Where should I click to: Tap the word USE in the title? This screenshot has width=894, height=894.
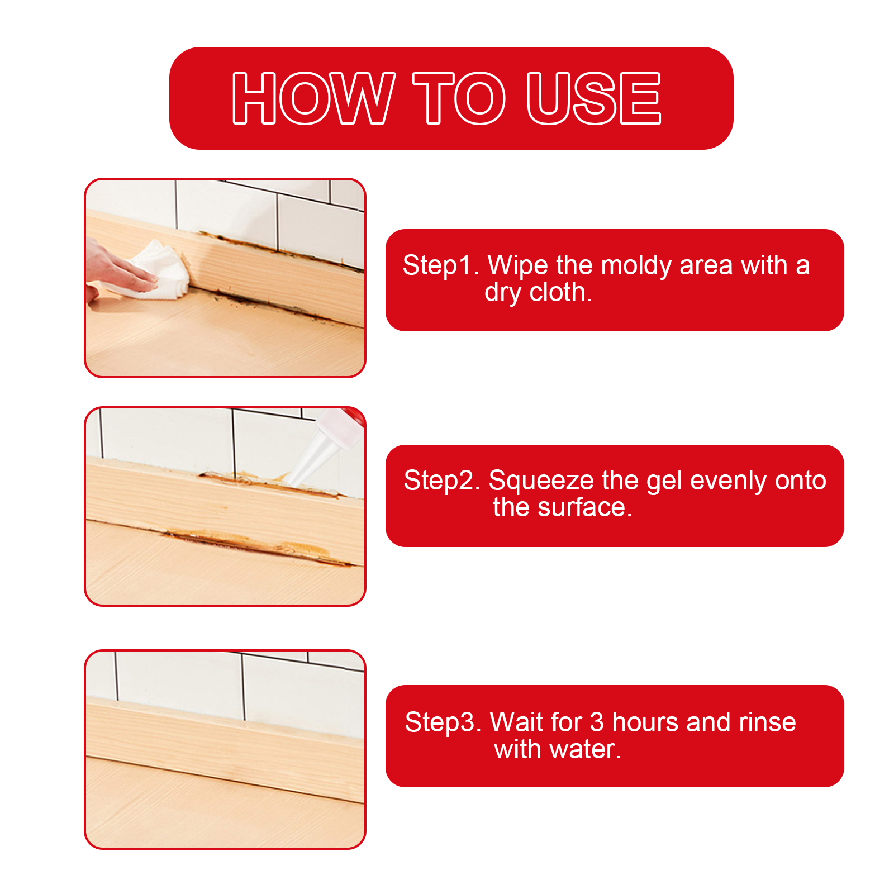pyautogui.click(x=594, y=98)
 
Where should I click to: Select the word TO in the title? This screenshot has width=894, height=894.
pyautogui.click(x=459, y=98)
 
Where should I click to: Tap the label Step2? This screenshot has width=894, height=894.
pyautogui.click(x=442, y=481)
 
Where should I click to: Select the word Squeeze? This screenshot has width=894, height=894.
pyautogui.click(x=541, y=481)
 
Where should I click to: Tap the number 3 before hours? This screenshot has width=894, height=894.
pyautogui.click(x=597, y=722)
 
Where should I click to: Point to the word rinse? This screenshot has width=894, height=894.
pyautogui.click(x=767, y=722)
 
